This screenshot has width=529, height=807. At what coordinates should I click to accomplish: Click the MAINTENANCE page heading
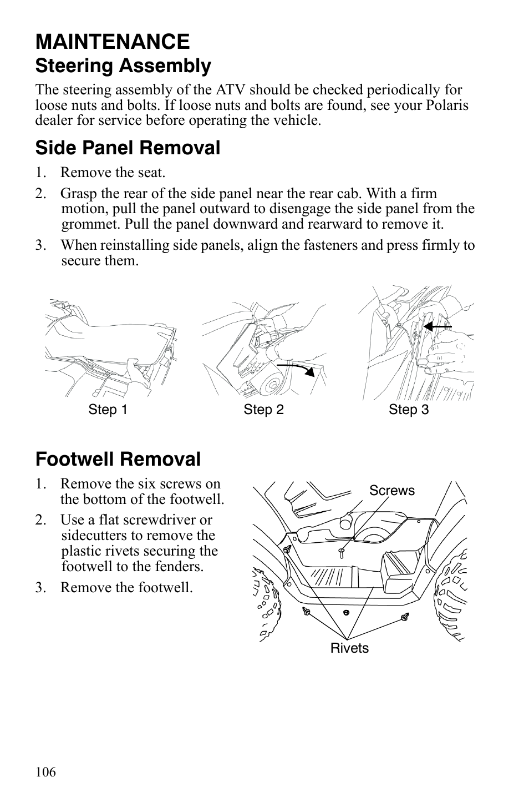coord(112,42)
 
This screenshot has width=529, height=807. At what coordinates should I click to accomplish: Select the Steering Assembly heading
coord(123,66)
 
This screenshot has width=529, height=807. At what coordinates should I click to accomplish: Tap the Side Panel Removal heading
coord(128,148)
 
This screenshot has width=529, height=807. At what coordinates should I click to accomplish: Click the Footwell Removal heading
coord(118,459)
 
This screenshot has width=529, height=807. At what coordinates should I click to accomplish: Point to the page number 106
coord(45,772)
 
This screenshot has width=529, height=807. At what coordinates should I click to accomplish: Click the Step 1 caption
coord(108,410)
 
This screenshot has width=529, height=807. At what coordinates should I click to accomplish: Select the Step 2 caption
coord(263,410)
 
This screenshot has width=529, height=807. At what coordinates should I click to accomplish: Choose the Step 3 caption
coord(409,410)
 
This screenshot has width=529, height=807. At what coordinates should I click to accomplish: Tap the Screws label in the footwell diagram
coord(391,491)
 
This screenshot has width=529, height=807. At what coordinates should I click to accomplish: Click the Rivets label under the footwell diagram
coord(349,648)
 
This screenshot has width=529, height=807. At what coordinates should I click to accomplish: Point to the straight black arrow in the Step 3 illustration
coord(438,327)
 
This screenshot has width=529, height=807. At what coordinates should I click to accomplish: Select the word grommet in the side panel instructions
coord(90,224)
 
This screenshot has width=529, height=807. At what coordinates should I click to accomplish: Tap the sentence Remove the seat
coord(113,173)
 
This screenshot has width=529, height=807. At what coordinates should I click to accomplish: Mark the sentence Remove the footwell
coord(126,587)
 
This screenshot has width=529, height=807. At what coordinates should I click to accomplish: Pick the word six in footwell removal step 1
coord(139,484)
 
